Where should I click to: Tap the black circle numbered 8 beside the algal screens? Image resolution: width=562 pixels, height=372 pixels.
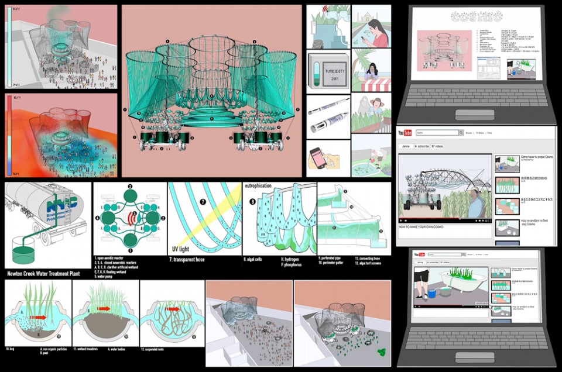pos(253,202)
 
